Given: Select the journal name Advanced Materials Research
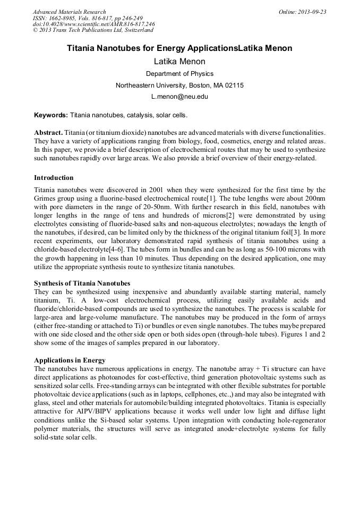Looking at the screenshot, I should tap(69, 12).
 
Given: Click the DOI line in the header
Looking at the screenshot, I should tap(93, 24).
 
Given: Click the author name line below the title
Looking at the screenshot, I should tap(179, 62).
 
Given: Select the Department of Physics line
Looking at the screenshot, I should tap(179, 74).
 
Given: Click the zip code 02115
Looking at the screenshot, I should tap(234, 85).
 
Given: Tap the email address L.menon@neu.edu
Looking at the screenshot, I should tap(179, 97).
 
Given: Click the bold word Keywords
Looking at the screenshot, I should tap(50, 115).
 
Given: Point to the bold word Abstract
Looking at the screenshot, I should tap(48, 132).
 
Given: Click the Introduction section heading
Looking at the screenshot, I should tap(54, 177).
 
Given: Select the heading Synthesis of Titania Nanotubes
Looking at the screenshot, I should tap(82, 283).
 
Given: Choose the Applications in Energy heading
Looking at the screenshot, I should tap(70, 360).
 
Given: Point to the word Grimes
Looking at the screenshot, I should tap(45, 199).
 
